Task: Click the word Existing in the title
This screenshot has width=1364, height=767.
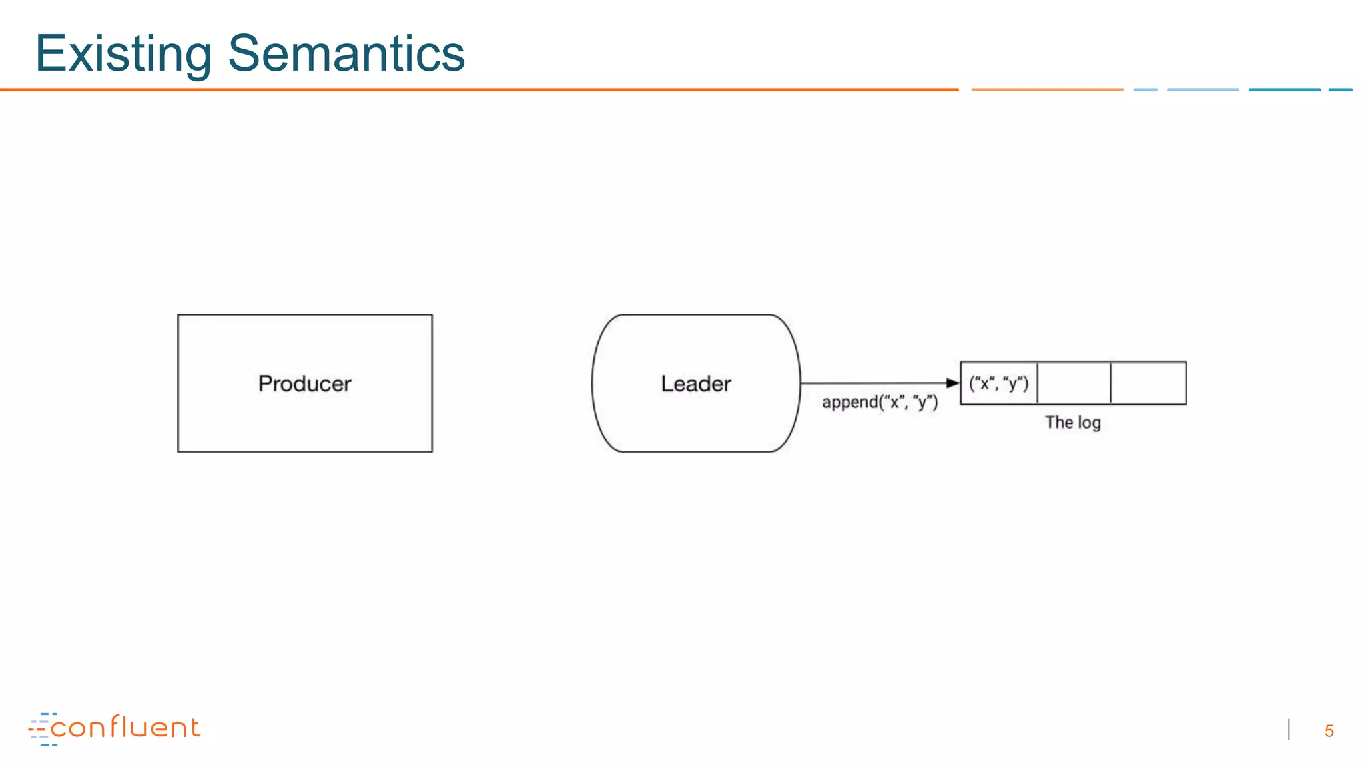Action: (x=123, y=53)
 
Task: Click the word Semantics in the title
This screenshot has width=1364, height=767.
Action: (x=346, y=53)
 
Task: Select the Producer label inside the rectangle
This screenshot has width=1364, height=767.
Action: (x=304, y=383)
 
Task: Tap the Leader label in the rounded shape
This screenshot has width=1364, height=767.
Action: (x=696, y=383)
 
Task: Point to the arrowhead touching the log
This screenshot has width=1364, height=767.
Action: (x=953, y=383)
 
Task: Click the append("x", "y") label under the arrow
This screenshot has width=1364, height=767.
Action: (x=880, y=402)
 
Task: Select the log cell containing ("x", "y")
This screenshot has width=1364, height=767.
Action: (x=998, y=383)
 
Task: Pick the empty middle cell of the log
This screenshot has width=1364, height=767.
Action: (x=1074, y=383)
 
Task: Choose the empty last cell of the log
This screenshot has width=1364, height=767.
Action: (x=1148, y=383)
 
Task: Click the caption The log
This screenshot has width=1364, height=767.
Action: (x=1072, y=423)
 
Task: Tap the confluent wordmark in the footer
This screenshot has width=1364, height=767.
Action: (x=125, y=728)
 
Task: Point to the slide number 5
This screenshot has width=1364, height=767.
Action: (x=1329, y=731)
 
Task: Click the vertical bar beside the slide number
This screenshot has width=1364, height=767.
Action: (x=1289, y=730)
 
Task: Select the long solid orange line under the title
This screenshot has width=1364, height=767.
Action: (x=480, y=89)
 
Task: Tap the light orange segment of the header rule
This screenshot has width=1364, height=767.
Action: (x=1047, y=89)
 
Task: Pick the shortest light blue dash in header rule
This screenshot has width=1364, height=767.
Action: (x=1145, y=89)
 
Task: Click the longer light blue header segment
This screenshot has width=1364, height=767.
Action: (x=1203, y=89)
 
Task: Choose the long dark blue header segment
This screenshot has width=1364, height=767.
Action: (x=1284, y=89)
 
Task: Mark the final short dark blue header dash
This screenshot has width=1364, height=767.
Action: (x=1340, y=89)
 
